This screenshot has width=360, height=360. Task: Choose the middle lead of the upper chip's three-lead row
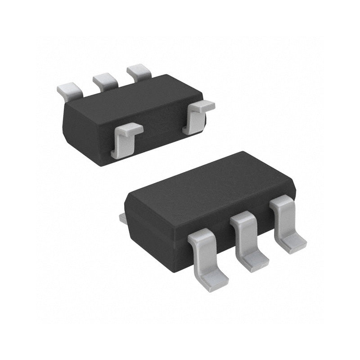pyautogui.click(x=104, y=81)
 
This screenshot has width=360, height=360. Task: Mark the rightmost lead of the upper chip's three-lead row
pyautogui.click(x=139, y=72)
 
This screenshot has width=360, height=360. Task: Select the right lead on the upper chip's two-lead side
pyautogui.click(x=196, y=116)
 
